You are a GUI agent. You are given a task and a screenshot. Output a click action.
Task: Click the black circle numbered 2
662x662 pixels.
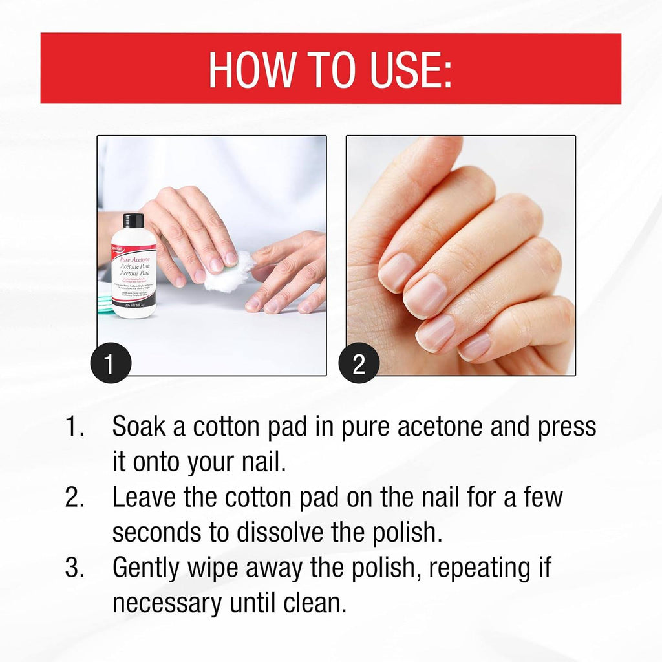[x=359, y=365]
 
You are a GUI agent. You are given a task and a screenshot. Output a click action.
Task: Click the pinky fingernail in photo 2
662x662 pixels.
[x=476, y=346]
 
